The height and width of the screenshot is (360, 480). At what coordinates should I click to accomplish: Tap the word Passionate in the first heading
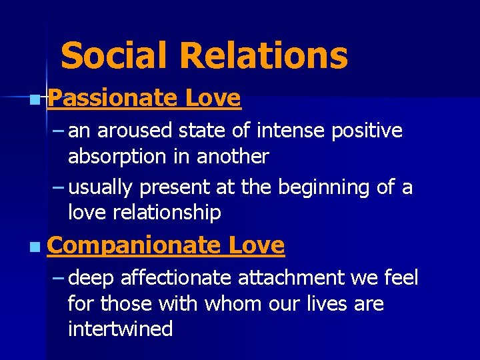[x=112, y=98]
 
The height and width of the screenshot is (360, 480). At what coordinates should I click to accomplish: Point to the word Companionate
[x=133, y=245]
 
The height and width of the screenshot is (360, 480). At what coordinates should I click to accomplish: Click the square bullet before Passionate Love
[x=34, y=101]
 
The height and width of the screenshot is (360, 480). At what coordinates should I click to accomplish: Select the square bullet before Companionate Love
[x=34, y=248]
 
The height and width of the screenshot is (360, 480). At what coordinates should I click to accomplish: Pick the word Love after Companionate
[x=257, y=245]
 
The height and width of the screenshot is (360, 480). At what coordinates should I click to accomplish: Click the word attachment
[x=294, y=277]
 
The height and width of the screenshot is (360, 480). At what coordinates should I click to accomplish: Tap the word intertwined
[x=120, y=328]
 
